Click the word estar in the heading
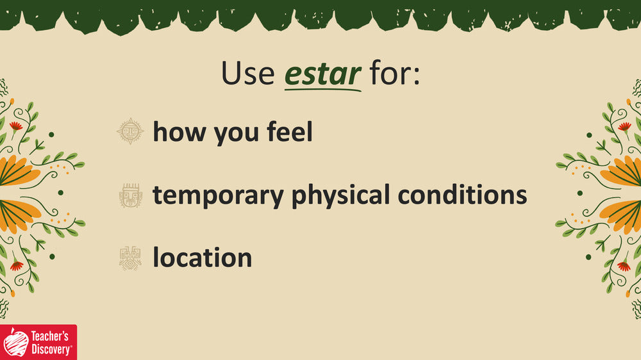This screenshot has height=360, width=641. (x=322, y=74)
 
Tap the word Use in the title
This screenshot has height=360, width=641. (x=247, y=74)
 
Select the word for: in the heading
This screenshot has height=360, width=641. (x=394, y=73)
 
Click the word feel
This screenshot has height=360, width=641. (x=290, y=131)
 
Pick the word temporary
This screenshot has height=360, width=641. (x=218, y=196)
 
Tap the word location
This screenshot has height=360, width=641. (x=203, y=258)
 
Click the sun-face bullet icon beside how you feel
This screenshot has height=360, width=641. (x=130, y=131)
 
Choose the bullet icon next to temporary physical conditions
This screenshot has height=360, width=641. (x=131, y=195)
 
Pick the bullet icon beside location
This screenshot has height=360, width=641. (x=130, y=258)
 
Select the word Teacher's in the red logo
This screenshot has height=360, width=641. (x=49, y=336)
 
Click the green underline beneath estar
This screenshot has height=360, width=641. (x=322, y=88)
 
